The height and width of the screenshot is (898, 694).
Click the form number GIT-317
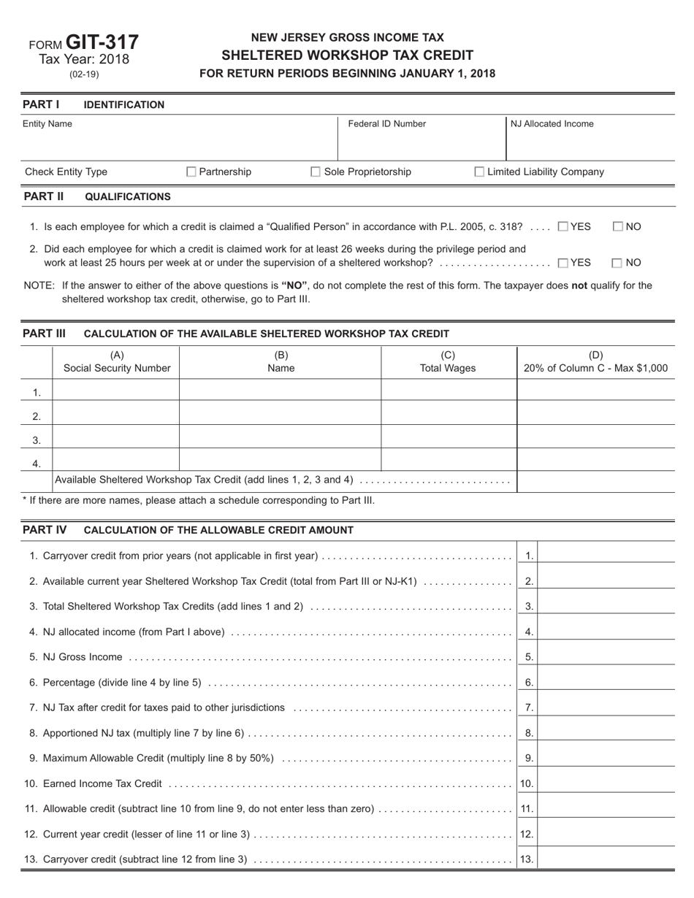(x=102, y=42)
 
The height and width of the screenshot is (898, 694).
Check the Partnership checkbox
(x=191, y=172)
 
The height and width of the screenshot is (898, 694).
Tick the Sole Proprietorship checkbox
(x=316, y=172)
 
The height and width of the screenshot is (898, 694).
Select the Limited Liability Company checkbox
(x=479, y=172)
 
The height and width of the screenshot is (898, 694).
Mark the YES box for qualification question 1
(x=563, y=227)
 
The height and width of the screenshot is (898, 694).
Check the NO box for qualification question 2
(x=617, y=263)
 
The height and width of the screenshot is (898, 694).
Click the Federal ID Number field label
(x=386, y=124)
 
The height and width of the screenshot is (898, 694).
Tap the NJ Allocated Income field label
(x=552, y=124)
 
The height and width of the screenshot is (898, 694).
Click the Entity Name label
(x=47, y=124)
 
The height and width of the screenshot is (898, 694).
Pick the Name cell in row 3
(x=280, y=440)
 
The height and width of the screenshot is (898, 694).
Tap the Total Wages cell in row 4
(x=449, y=463)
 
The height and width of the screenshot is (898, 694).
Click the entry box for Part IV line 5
(x=606, y=656)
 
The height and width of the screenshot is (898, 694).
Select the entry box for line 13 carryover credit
(x=606, y=859)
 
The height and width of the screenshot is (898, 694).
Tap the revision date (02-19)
(x=84, y=74)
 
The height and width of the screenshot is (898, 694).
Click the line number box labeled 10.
(x=526, y=784)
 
